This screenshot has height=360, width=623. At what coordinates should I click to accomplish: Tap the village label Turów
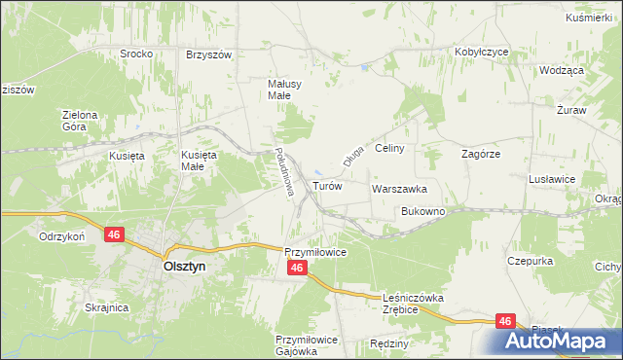pyautogui.click(x=326, y=185)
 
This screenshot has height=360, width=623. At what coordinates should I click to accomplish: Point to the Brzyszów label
pyautogui.click(x=208, y=54)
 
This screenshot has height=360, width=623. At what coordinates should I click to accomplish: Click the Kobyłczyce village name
pyautogui.click(x=482, y=52)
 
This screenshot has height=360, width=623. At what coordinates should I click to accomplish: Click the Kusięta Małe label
pyautogui.click(x=199, y=161)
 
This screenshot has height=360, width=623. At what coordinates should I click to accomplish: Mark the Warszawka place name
pyautogui.click(x=399, y=189)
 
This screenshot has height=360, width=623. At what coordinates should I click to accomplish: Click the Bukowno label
pyautogui.click(x=422, y=211)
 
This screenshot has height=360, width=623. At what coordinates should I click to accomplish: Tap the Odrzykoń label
pyautogui.click(x=62, y=236)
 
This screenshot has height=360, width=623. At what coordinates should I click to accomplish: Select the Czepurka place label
pyautogui.click(x=530, y=261)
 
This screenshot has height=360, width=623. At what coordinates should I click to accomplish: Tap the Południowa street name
pyautogui.click(x=283, y=173)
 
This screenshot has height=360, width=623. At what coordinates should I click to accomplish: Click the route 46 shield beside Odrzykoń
pyautogui.click(x=115, y=234)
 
